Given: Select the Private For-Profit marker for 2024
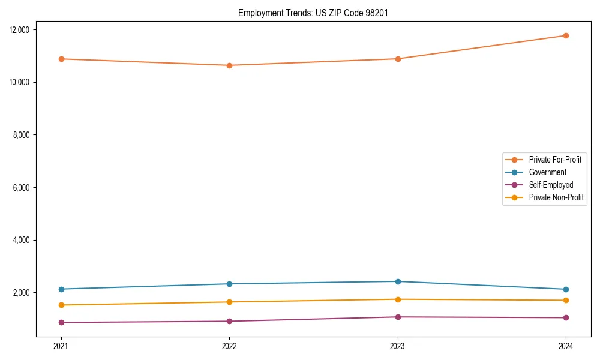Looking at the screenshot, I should pyautogui.click(x=566, y=35).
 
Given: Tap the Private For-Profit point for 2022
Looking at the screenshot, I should pyautogui.click(x=229, y=65).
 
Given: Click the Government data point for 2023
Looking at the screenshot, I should pyautogui.click(x=398, y=281).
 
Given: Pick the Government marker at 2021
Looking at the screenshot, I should pyautogui.click(x=61, y=289).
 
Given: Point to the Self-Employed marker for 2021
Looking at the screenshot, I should pyautogui.click(x=61, y=322).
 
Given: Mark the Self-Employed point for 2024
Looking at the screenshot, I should pyautogui.click(x=566, y=317).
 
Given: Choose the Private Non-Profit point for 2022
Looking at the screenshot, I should pyautogui.click(x=229, y=302).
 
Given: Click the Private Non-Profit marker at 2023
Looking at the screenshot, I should pyautogui.click(x=398, y=299).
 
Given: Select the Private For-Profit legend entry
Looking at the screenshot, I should pyautogui.click(x=554, y=160).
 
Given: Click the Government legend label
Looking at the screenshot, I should pyautogui.click(x=547, y=172).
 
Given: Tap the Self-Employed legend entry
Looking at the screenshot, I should pyautogui.click(x=551, y=185).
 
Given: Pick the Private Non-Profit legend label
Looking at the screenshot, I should pyautogui.click(x=556, y=197).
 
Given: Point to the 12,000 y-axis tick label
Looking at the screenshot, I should pyautogui.click(x=23, y=30).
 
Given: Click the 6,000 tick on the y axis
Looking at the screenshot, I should pyautogui.click(x=26, y=188).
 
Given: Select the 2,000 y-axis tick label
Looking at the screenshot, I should pyautogui.click(x=26, y=293).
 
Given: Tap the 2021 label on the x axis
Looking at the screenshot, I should pyautogui.click(x=61, y=346).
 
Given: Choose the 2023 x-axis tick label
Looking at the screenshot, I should pyautogui.click(x=398, y=346).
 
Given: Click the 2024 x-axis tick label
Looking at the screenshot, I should pyautogui.click(x=566, y=346).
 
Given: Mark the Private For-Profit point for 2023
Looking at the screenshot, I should pyautogui.click(x=398, y=59).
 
